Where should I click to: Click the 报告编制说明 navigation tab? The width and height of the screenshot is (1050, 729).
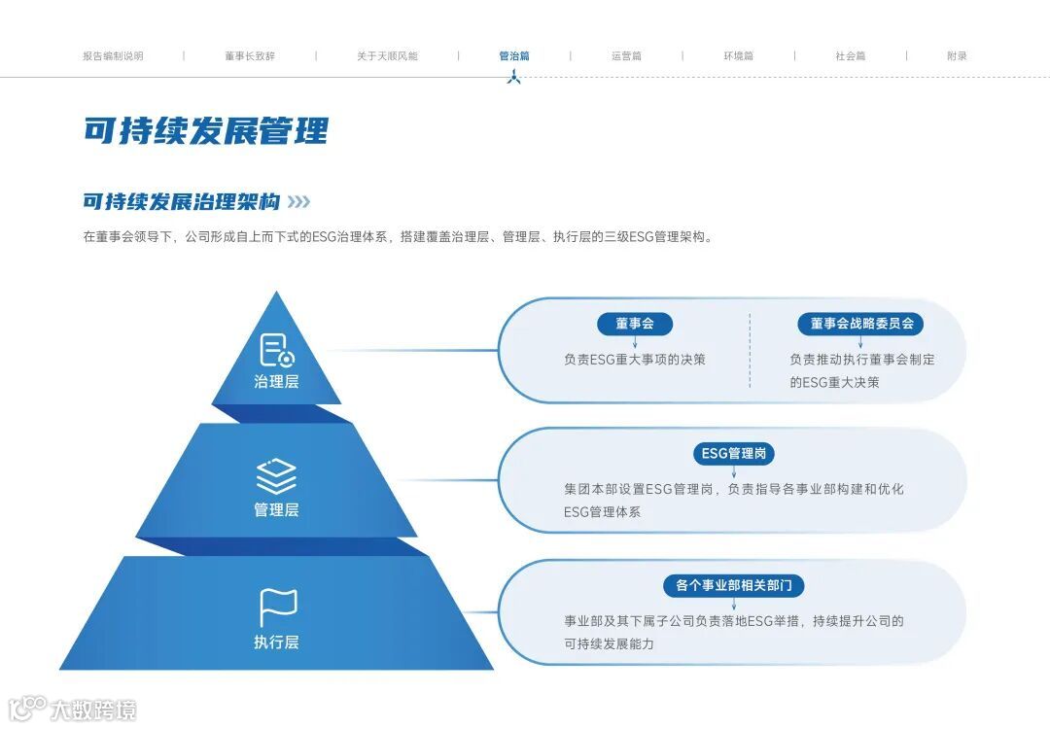coord(113,56)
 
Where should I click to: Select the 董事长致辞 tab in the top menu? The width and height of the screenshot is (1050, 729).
coord(250,56)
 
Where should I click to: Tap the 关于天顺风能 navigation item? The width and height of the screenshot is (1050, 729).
coord(387,56)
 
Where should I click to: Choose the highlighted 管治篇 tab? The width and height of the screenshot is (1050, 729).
coord(514,56)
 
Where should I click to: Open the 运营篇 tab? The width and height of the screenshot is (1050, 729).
coord(626,56)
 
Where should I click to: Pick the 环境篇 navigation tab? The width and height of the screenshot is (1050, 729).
coord(738,56)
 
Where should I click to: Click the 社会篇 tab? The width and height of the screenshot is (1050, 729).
coord(851,56)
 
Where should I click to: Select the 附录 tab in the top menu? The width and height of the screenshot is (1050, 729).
coord(958,56)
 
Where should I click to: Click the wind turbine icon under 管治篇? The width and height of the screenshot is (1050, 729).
coord(514,77)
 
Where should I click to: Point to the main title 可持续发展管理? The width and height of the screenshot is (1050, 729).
coord(206,130)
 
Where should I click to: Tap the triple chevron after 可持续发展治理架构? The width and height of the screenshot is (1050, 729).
coord(299,202)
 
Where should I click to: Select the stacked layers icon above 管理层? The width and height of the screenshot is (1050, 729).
coord(276,477)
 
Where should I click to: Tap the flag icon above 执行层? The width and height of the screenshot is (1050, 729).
coord(277,607)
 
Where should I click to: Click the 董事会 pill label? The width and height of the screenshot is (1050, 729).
coord(635,324)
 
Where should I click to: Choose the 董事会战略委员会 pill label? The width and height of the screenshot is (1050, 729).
coord(861,324)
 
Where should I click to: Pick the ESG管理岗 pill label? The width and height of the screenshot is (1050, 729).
coord(734,453)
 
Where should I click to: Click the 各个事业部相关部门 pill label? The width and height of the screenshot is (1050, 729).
coord(734,585)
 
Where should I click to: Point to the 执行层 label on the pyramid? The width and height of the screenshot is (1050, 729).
coord(276,642)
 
